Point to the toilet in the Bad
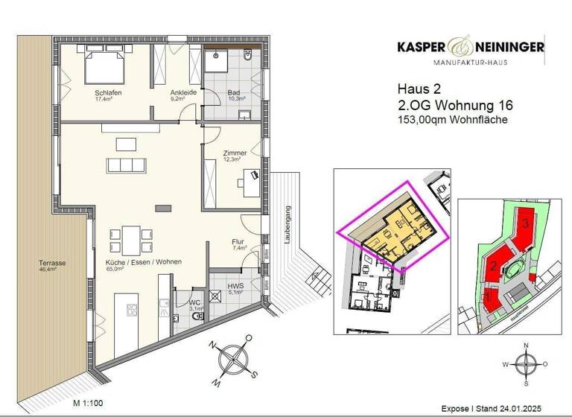248,56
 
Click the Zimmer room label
235,153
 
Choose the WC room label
195,303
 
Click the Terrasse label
53,263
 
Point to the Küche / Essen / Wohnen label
139,263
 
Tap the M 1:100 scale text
89,403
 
